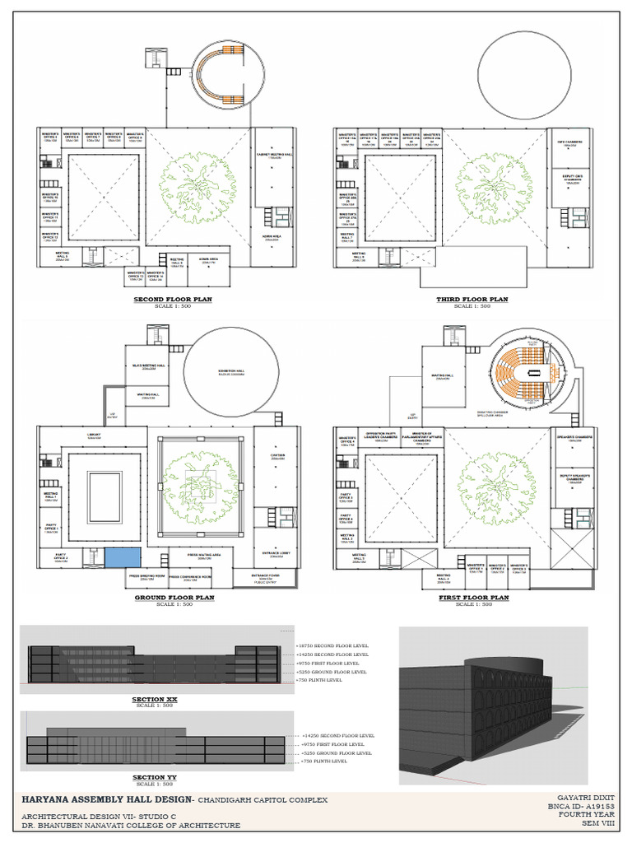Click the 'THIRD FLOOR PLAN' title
(472, 300)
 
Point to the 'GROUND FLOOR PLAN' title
(174, 598)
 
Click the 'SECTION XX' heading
(155, 699)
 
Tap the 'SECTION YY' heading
(155, 777)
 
